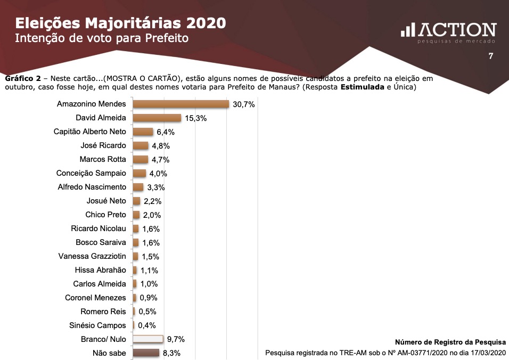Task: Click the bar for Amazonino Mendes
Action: pos(180,104)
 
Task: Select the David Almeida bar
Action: pos(157,118)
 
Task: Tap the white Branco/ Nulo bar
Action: pos(147,339)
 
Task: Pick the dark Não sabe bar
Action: pos(146,353)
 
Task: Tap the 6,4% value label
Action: pos(165,132)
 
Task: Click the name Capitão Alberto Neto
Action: pos(90,132)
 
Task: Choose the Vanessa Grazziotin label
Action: pos(92,256)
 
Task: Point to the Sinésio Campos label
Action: pos(97,325)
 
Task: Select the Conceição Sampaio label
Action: pos(91,173)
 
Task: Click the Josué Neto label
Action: pos(106,201)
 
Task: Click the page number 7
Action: pos(490,56)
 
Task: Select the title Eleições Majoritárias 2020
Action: pos(120,23)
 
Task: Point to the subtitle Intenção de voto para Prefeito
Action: pos(102,39)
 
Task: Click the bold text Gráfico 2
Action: pos(23,78)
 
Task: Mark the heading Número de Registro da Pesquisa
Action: pos(450,342)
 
